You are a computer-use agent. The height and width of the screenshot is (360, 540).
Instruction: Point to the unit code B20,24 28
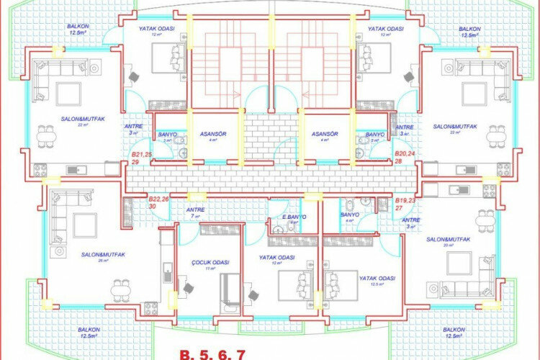(405, 158)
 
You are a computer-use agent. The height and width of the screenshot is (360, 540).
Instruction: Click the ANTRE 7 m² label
(196, 212)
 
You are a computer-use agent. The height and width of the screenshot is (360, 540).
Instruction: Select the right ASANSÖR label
(325, 136)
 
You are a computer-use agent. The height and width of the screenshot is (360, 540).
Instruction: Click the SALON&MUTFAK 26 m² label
(104, 256)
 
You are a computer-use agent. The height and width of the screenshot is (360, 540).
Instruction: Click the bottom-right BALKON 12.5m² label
(452, 333)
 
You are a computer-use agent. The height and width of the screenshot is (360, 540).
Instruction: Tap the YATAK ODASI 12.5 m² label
(377, 280)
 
